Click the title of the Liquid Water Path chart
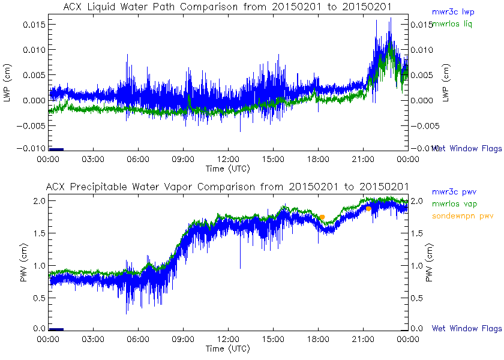click(228, 7)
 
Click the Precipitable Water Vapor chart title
click(228, 187)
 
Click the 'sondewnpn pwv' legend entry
click(459, 215)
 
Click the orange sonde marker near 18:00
click(322, 217)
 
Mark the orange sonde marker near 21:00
click(368, 209)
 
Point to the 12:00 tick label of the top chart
click(228, 159)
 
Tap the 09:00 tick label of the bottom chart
click(183, 339)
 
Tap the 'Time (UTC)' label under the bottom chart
click(228, 349)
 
